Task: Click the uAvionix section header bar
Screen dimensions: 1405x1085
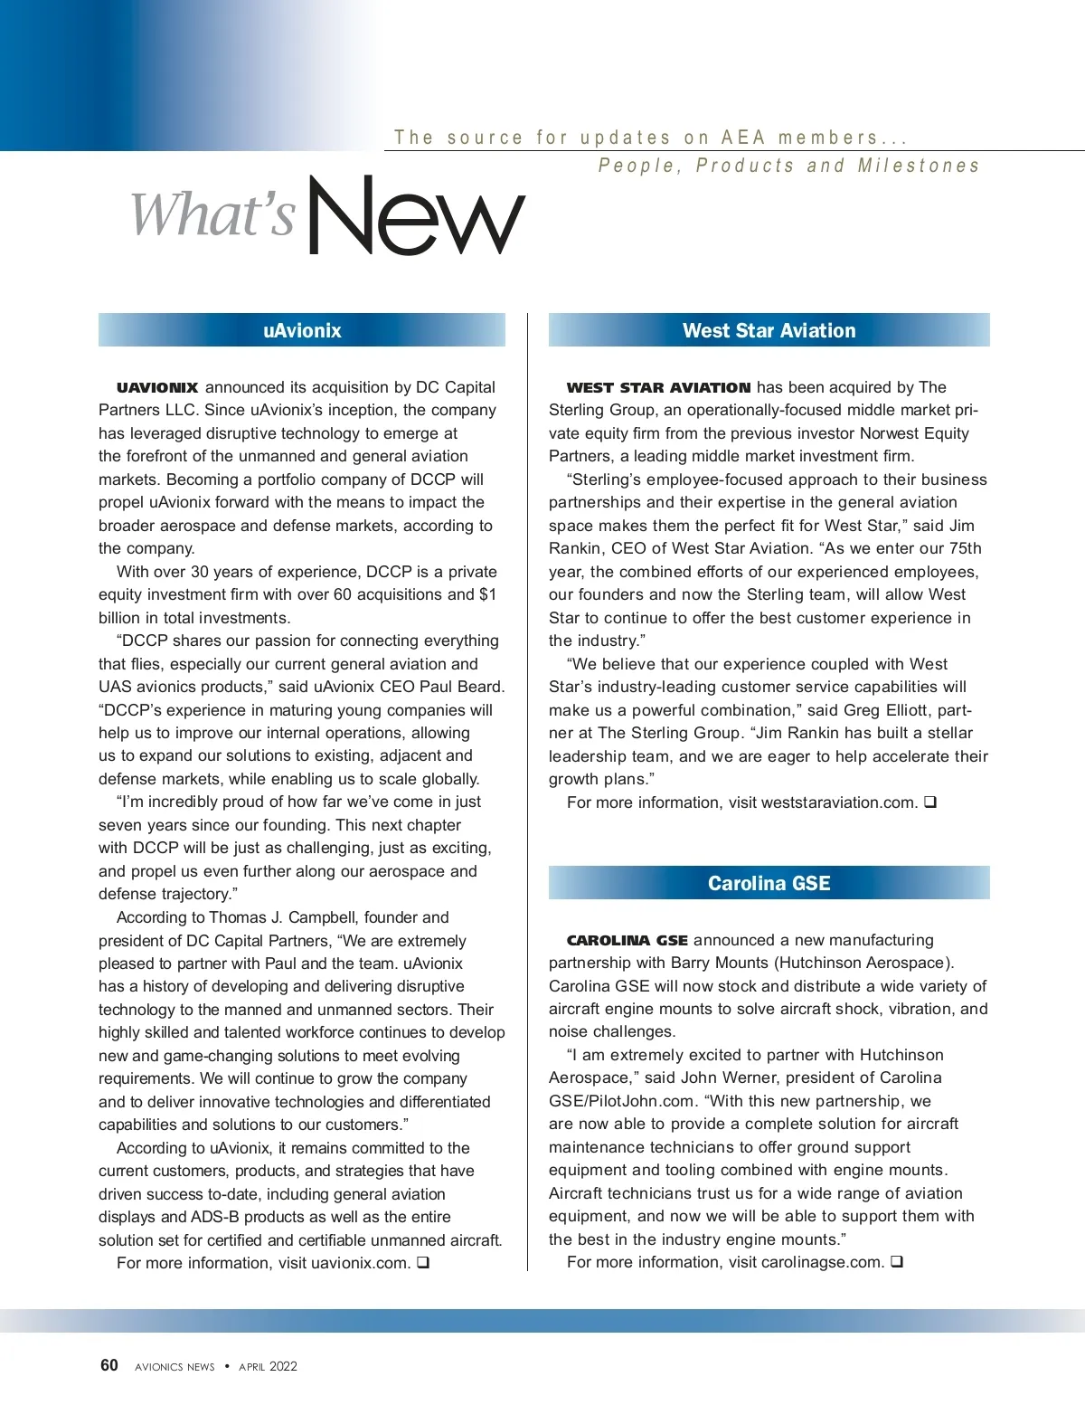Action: [x=302, y=330]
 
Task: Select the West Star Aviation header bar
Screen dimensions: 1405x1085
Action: [x=769, y=330]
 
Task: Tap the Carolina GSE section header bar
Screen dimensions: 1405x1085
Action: [x=769, y=883]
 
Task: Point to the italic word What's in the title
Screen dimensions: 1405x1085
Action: [x=213, y=215]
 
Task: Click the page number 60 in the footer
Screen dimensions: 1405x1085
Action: [x=109, y=1365]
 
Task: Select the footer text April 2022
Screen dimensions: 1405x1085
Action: [x=268, y=1366]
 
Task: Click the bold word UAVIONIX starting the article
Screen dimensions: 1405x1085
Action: [x=157, y=387]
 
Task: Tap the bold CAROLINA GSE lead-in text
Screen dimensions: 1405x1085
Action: [x=627, y=941]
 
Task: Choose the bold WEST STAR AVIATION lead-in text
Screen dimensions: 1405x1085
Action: [x=658, y=387]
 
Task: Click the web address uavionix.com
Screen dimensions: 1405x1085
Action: [x=360, y=1263]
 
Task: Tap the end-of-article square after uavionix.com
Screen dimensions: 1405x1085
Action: [x=422, y=1262]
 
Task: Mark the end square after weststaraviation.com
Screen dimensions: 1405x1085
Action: [x=929, y=802]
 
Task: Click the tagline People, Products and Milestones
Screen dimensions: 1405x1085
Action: [x=788, y=166]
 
